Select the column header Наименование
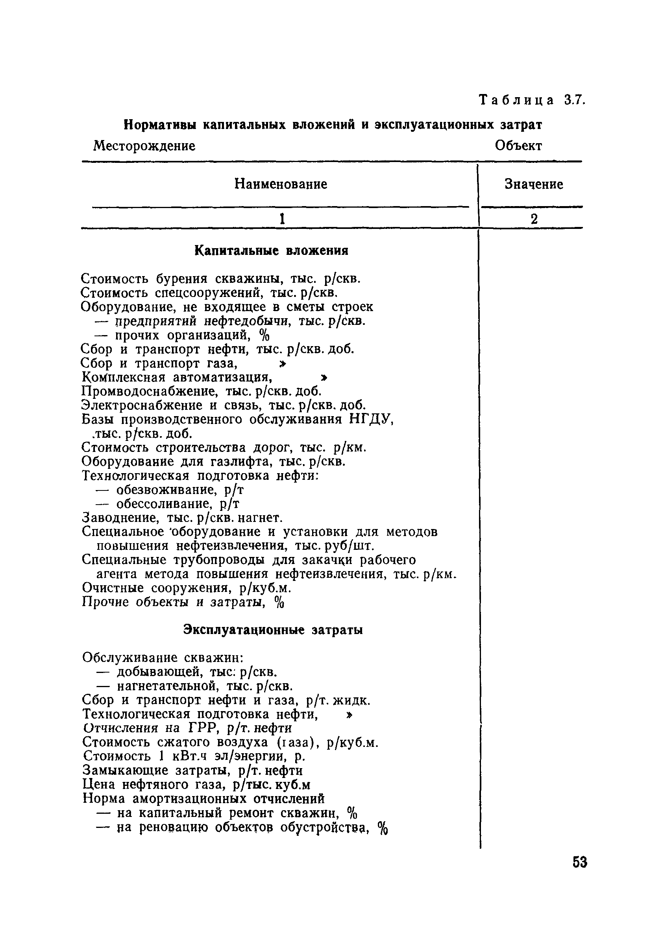281,184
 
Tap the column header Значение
534,184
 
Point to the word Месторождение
144,146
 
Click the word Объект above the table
518,146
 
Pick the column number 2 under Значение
534,219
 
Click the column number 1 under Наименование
282,219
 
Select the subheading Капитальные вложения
271,251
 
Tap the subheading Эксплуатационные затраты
273,630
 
